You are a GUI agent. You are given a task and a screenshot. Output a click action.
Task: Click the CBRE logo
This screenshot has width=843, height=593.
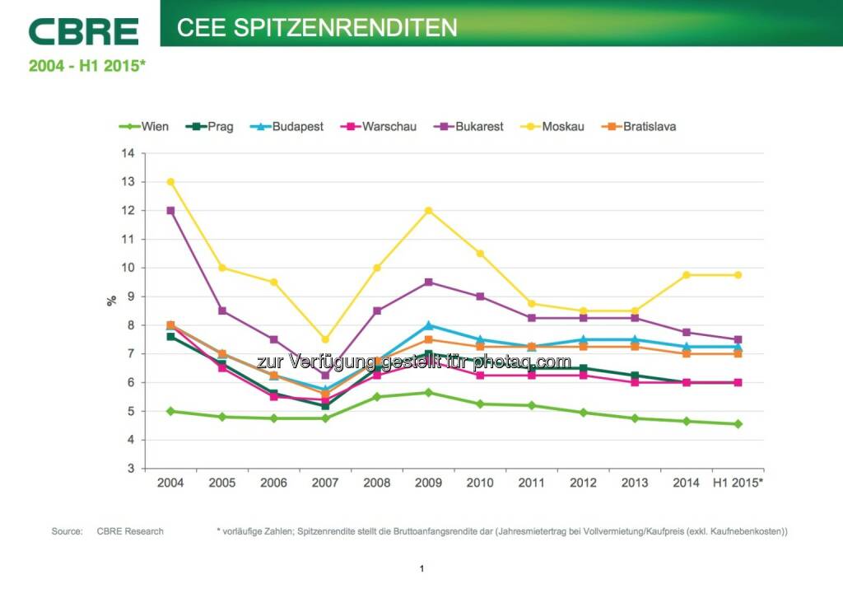pos(83,31)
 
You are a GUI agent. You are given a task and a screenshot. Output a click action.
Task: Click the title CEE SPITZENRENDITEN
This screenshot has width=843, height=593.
pos(317,27)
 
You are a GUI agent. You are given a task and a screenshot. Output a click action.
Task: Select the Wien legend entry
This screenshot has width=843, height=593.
pos(144,127)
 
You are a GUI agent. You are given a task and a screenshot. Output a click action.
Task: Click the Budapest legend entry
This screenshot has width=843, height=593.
pos(287,127)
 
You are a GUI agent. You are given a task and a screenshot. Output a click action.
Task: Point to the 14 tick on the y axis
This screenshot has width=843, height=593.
pos(128,153)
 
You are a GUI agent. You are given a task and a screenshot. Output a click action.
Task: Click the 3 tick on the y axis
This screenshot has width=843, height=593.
pos(130,469)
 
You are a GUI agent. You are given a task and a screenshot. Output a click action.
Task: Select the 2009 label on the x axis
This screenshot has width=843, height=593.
pos(427,483)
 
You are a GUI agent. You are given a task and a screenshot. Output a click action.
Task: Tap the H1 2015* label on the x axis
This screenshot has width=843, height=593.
pos(737,483)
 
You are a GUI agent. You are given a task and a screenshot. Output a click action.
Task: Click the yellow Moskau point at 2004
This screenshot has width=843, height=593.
pos(170,182)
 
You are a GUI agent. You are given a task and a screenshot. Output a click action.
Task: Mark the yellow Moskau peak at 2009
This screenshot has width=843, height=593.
pos(428,211)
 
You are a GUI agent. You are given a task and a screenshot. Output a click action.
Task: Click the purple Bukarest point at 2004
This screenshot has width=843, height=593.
pos(170,211)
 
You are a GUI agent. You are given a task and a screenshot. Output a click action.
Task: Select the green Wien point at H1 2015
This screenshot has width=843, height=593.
pos(738,424)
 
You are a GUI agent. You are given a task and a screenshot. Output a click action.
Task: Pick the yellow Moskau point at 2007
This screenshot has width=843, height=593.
pos(325,339)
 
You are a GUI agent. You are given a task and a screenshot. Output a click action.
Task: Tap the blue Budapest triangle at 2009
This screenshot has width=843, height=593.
pos(428,325)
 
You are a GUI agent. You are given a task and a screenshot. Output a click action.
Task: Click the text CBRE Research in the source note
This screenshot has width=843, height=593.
pos(130,531)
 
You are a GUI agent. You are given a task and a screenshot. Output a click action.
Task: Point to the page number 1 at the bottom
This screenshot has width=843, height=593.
pos(421,568)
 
